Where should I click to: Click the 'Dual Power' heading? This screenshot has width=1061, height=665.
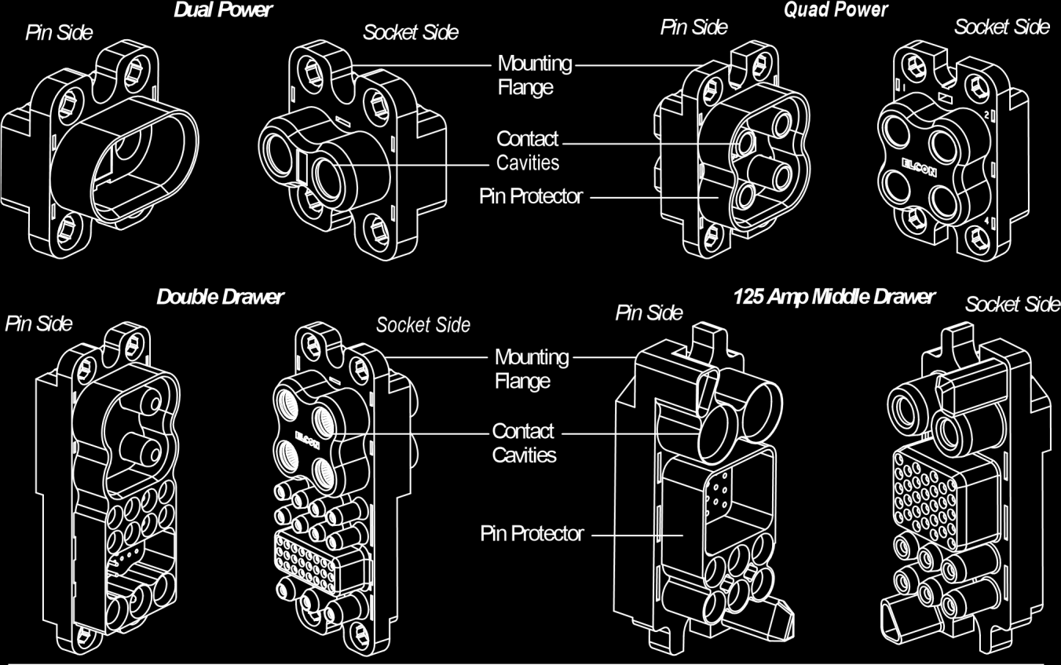point(224,11)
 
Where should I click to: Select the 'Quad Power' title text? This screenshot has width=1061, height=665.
point(836,10)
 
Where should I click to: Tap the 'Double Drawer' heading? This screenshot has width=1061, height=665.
point(220,297)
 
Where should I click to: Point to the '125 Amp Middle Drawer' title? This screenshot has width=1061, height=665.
point(833,297)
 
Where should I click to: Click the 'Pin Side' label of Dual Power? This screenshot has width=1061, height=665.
point(60,34)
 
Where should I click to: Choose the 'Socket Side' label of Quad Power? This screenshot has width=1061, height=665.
point(1001,27)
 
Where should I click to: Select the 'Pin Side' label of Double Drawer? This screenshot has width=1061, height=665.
point(39,323)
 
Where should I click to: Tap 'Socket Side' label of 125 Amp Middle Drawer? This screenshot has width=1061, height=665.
point(1012,304)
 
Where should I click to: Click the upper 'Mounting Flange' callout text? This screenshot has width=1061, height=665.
point(534,75)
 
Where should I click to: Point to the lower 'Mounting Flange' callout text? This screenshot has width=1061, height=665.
point(531,369)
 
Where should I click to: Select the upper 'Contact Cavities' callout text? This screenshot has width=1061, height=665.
point(528,151)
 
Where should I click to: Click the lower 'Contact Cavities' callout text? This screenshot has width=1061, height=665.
point(523,443)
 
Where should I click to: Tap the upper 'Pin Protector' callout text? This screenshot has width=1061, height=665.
point(531,196)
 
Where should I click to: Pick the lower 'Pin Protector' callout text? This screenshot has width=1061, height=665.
point(532,534)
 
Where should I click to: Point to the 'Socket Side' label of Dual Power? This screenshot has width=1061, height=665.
point(411,33)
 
